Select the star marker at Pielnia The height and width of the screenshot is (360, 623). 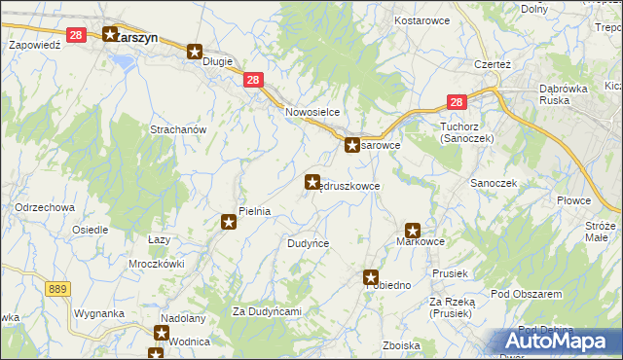coord(229,223)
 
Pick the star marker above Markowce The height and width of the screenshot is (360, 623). coord(413,232)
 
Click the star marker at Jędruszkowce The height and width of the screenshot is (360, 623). coord(312,181)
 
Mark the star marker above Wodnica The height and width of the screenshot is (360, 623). coord(161,333)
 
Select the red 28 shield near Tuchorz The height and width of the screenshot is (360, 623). coord(458,101)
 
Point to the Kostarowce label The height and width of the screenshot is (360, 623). coord(420,19)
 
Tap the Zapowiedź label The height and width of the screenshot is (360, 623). coord(35,45)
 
